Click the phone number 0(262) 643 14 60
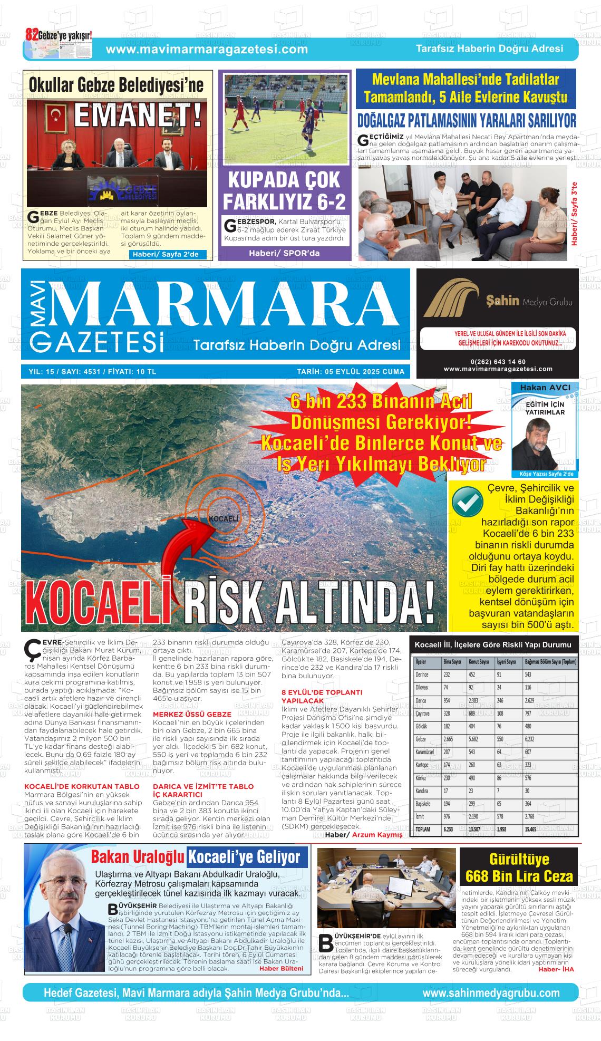pos(498,361)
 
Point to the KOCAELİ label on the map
pos(224,519)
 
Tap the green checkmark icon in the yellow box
pos(467,503)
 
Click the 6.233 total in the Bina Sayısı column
pos(449,830)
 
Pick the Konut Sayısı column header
pos(480,662)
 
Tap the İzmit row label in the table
pos(421,816)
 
